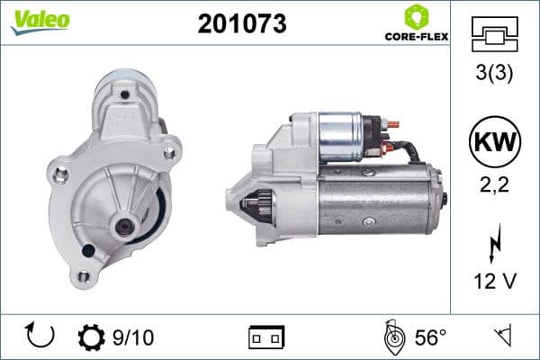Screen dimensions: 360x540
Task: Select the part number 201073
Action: pos(241,24)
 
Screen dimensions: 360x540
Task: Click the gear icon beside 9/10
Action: pos(92,337)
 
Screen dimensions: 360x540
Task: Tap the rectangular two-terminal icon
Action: pos(265,337)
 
